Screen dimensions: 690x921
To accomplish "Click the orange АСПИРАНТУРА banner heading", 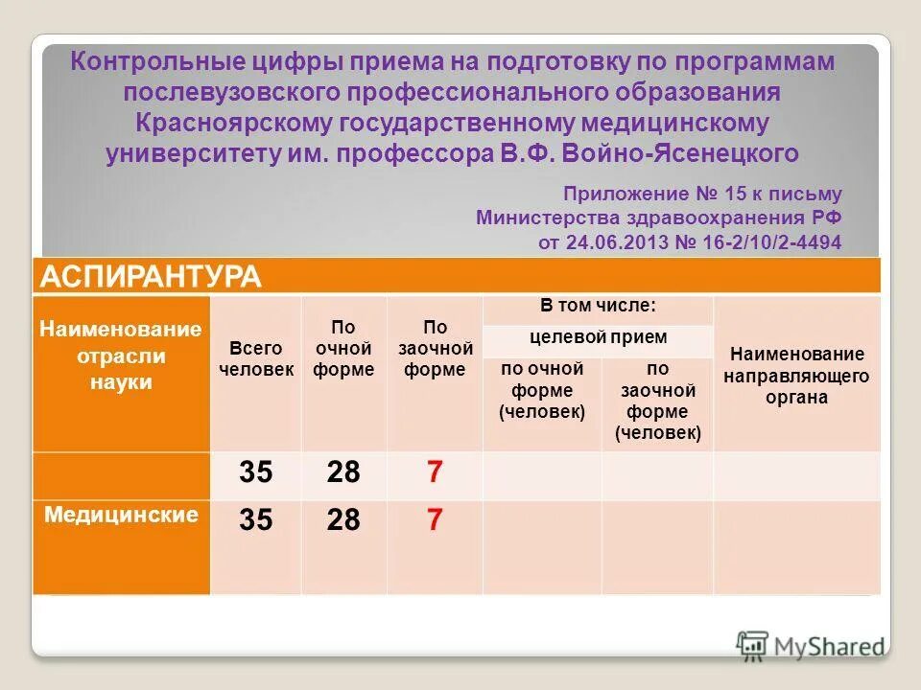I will (x=150, y=277).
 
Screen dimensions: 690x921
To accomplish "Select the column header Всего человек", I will (x=256, y=359).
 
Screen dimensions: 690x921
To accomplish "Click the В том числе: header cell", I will (x=598, y=307).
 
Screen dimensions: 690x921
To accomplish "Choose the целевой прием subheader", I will (x=598, y=337).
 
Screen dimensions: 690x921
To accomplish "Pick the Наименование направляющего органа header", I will (x=796, y=375).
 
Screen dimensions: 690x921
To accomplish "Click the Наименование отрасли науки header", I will (x=121, y=356).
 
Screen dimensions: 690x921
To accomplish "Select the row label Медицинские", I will (x=121, y=515).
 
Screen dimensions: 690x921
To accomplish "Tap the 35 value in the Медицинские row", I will (x=256, y=520).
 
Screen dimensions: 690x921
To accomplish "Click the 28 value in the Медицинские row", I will (x=343, y=520).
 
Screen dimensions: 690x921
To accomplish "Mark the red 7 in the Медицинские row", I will (x=435, y=520).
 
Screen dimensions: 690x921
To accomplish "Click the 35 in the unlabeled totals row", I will (x=256, y=472).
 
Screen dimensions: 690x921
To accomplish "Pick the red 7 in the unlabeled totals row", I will (x=435, y=472).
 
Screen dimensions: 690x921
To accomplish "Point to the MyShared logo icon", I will (x=752, y=645).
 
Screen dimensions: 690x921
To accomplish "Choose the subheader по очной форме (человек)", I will (x=542, y=390).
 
